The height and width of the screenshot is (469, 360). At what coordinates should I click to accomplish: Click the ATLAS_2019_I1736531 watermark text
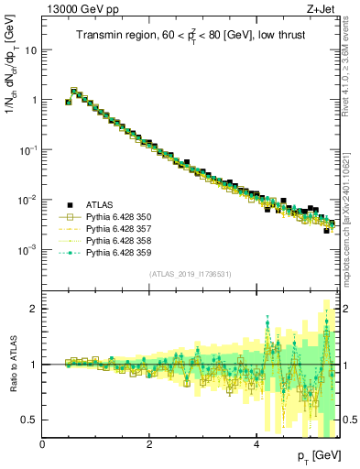pos(190,274)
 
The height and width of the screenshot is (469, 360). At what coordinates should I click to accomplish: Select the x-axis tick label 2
pos(149,444)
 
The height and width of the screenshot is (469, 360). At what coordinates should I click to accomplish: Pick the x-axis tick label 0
pos(43,444)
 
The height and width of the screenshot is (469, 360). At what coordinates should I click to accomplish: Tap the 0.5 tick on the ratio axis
pos(29,420)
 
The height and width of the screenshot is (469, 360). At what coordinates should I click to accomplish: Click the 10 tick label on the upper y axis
pos(29,49)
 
